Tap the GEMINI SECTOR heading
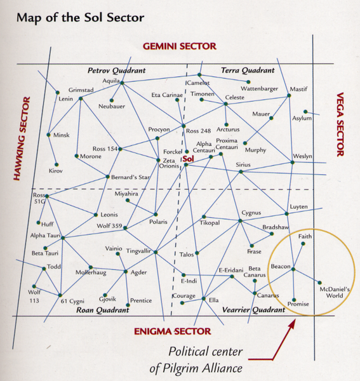180,46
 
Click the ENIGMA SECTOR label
172,331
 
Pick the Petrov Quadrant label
116,70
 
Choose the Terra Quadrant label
248,70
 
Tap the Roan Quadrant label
102,311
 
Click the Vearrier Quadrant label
254,311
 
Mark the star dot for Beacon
293,271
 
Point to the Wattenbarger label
260,89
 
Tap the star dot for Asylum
306,112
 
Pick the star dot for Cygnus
240,221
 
